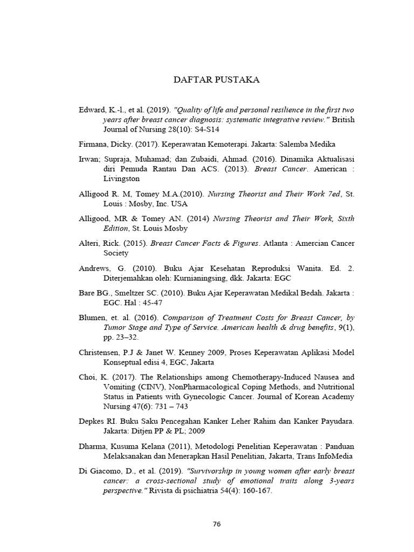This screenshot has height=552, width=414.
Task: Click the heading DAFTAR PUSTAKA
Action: (216, 80)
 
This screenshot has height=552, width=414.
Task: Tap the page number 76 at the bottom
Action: (217, 524)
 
